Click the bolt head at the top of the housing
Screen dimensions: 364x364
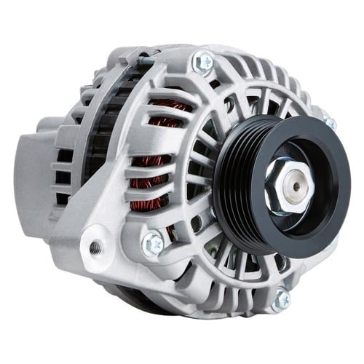[202, 62]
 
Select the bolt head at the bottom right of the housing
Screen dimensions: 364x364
[281, 298]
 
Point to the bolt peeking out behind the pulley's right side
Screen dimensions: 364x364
[330, 124]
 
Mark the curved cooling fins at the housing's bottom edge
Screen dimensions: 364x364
[218, 306]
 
